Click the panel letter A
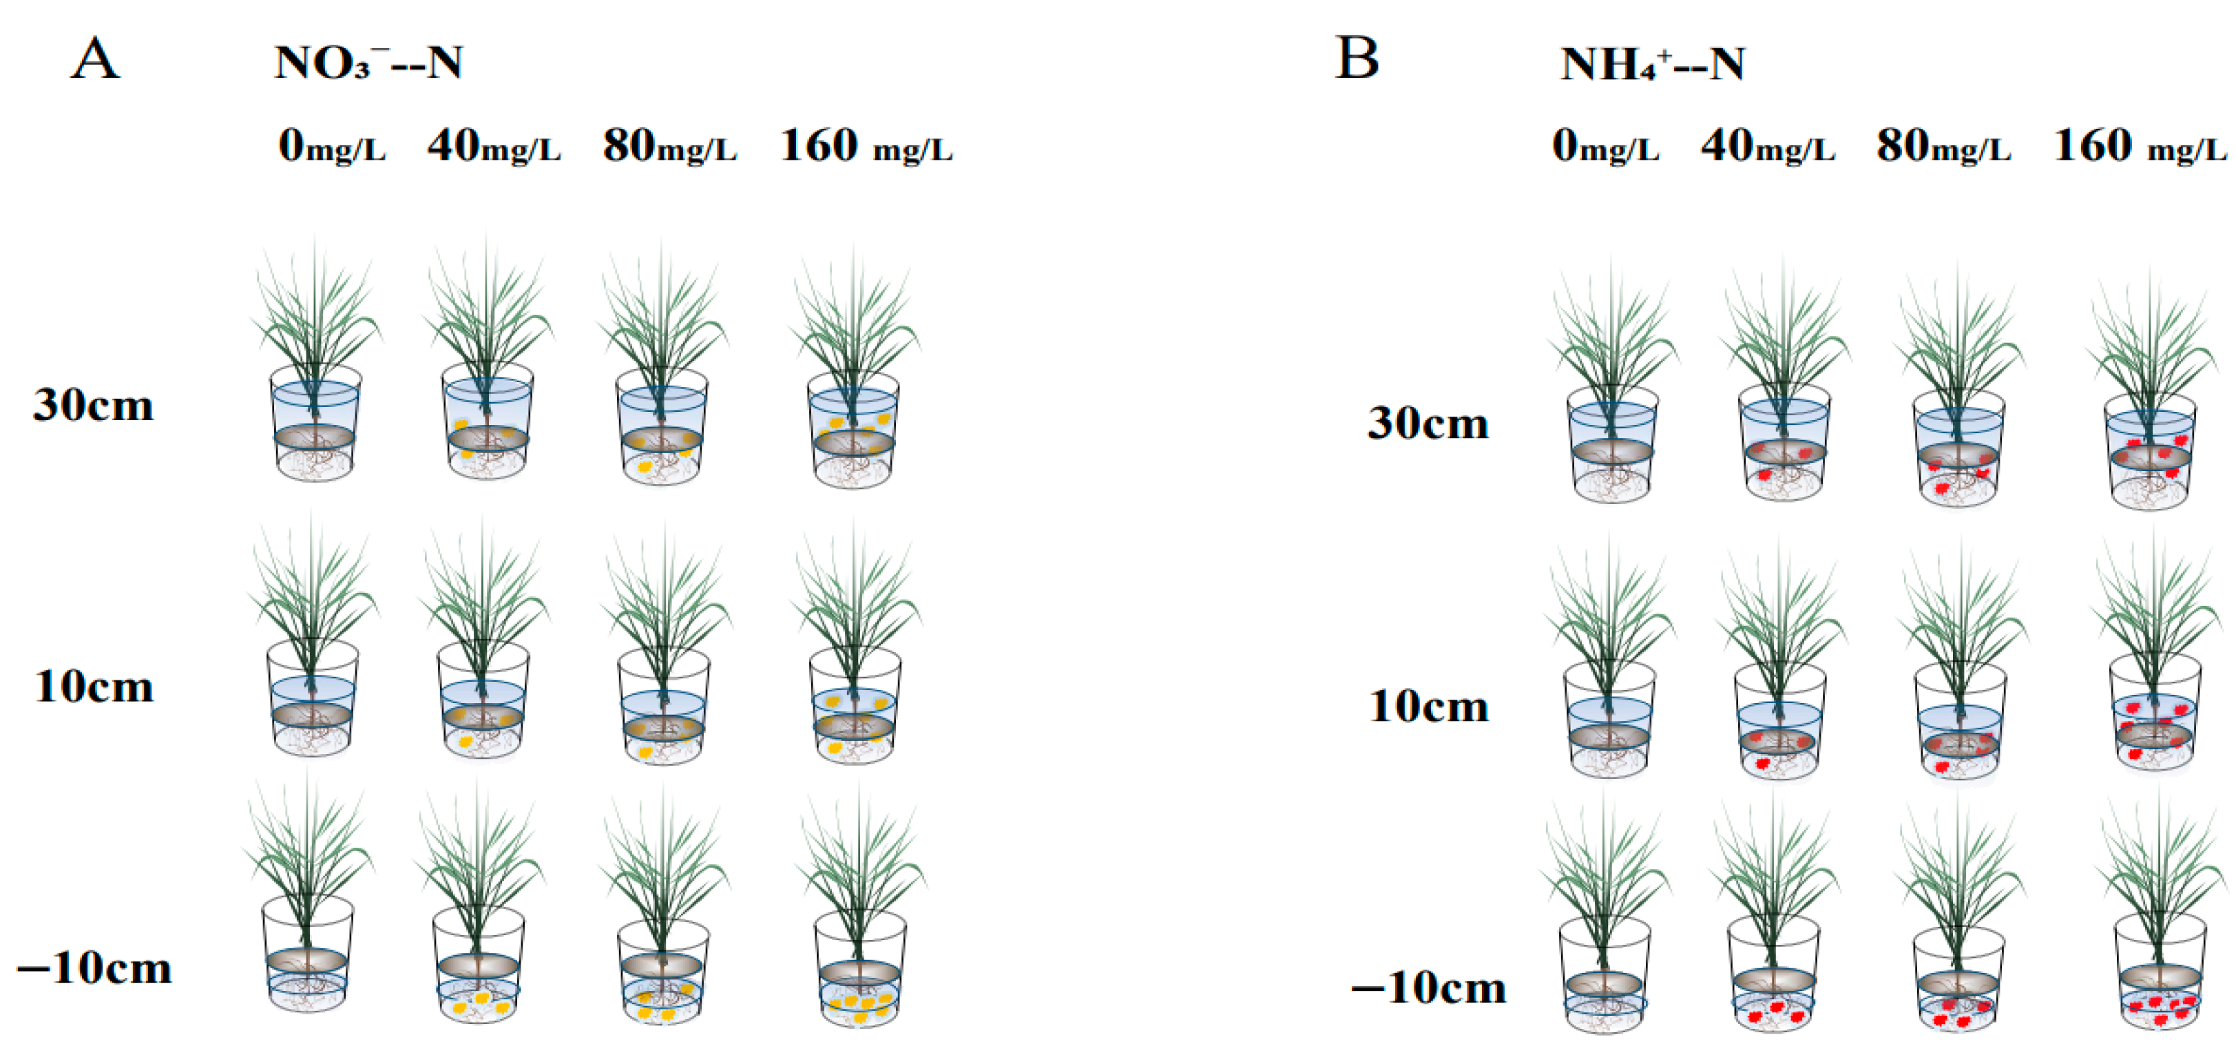pyautogui.click(x=96, y=59)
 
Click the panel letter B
pyautogui.click(x=1357, y=59)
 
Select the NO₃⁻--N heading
pyautogui.click(x=369, y=63)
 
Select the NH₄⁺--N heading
pyautogui.click(x=1652, y=63)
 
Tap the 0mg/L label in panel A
pyautogui.click(x=332, y=146)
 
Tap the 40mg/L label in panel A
pyautogui.click(x=494, y=146)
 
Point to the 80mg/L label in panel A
pyautogui.click(x=670, y=146)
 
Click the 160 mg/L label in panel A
pyautogui.click(x=866, y=146)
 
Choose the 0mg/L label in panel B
pyautogui.click(x=1606, y=146)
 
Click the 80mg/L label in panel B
pyautogui.click(x=1943, y=146)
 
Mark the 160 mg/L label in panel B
pyautogui.click(x=2140, y=146)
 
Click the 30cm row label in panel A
pyautogui.click(x=94, y=406)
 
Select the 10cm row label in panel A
pyautogui.click(x=94, y=687)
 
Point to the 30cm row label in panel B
pyautogui.click(x=1428, y=424)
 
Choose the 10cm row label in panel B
pyautogui.click(x=1428, y=706)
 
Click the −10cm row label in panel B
pyautogui.click(x=1428, y=988)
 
